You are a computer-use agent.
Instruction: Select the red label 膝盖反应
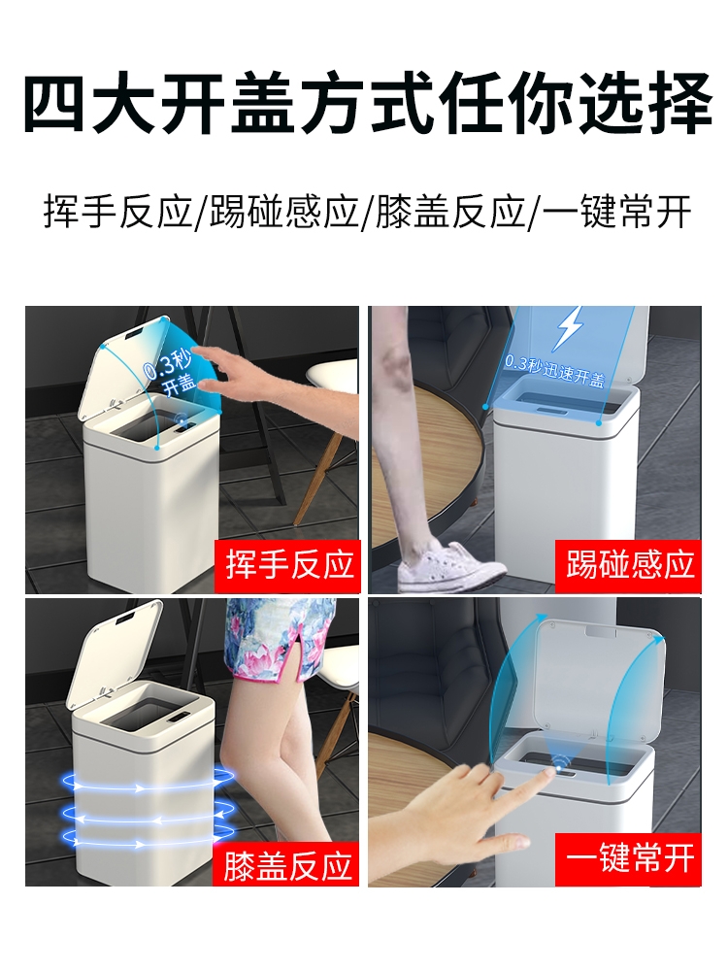tap(286, 864)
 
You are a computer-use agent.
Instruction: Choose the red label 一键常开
tap(628, 859)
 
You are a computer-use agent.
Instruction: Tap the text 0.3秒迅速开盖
tap(554, 371)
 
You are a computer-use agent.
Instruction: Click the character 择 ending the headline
tap(678, 102)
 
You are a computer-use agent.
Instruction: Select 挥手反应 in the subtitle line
tap(117, 213)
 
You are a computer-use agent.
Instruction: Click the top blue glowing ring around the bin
tap(148, 783)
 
